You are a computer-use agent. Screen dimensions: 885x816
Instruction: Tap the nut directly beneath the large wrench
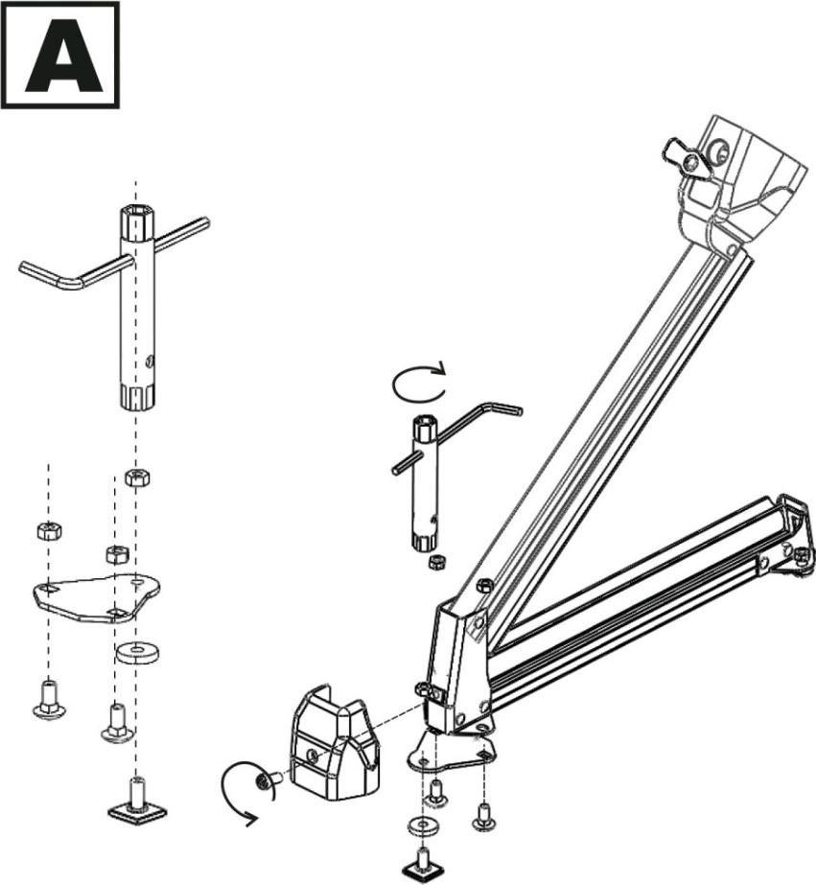click(x=135, y=477)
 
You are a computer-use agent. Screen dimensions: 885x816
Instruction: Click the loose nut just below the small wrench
click(x=437, y=561)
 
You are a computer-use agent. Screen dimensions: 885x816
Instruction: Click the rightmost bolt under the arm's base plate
click(x=483, y=816)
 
